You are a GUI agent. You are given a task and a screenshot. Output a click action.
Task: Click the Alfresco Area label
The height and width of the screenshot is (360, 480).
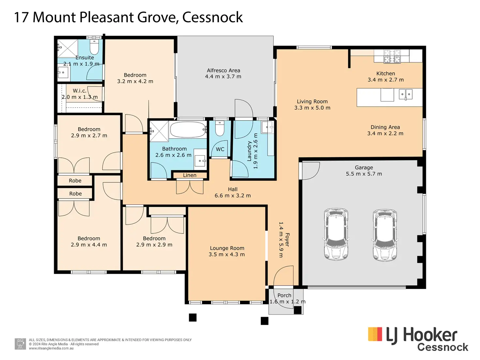click(223, 71)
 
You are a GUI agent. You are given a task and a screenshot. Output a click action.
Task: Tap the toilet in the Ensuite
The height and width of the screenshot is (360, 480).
click(94, 47)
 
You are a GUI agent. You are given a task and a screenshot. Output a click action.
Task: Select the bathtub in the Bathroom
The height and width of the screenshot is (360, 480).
click(188, 129)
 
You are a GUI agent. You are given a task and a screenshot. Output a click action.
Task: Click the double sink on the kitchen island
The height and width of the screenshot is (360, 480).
click(406, 95)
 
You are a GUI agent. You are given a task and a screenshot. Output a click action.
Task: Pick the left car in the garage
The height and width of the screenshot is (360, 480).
click(336, 234)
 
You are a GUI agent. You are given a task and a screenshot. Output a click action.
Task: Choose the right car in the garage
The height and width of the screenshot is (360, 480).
click(385, 235)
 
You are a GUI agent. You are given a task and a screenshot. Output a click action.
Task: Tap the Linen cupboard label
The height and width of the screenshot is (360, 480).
click(189, 175)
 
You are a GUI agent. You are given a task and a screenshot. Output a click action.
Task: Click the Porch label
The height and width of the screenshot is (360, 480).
click(284, 295)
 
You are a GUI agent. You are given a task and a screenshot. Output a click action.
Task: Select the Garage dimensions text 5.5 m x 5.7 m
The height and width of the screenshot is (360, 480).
click(364, 174)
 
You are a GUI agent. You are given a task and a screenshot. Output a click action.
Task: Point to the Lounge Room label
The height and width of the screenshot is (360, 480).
click(227, 248)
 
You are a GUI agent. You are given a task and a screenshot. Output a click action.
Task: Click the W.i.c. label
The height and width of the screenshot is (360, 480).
click(79, 91)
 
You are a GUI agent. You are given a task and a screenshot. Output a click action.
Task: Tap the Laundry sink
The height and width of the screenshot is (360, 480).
click(267, 127)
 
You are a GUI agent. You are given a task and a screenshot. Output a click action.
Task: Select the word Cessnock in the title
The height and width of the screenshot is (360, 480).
click(212, 17)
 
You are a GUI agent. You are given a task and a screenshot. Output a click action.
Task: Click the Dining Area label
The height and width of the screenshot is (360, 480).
click(385, 127)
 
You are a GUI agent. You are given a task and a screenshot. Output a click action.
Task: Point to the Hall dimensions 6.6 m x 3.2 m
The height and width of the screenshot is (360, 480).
click(232, 196)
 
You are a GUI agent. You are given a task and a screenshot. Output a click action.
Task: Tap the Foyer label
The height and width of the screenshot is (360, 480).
click(287, 240)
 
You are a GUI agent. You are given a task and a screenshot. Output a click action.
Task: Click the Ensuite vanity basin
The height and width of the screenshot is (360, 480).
click(63, 72)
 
